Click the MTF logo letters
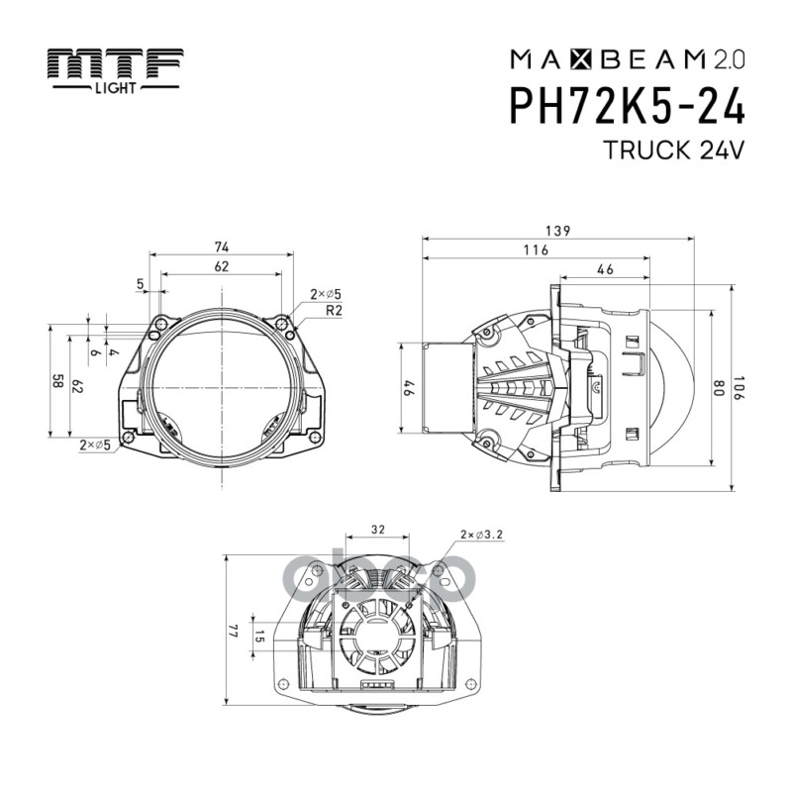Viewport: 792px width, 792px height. (x=118, y=64)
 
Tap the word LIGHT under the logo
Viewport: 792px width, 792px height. (x=117, y=88)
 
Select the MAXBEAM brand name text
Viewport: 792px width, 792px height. (x=594, y=59)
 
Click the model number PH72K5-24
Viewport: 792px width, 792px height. (x=627, y=106)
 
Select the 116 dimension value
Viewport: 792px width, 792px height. (x=536, y=250)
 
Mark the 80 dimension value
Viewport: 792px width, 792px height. (x=720, y=387)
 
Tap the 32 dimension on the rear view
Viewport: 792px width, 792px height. (x=377, y=531)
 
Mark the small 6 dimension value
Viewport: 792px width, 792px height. (x=96, y=351)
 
